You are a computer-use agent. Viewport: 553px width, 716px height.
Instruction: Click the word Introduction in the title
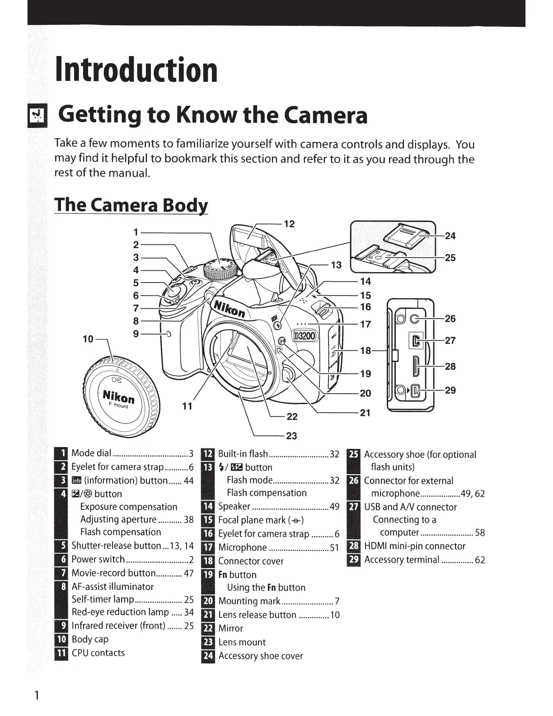point(136,70)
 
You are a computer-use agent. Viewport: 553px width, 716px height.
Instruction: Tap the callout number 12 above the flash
point(289,224)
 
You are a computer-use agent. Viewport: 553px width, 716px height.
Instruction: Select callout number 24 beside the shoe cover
point(450,236)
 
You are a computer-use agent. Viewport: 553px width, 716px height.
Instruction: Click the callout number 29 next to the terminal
point(450,390)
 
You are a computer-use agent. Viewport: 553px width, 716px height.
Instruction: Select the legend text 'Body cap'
point(90,639)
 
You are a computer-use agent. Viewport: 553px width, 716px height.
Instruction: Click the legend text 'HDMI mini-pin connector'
point(414,546)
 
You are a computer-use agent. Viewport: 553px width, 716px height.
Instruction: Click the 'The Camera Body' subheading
point(131,205)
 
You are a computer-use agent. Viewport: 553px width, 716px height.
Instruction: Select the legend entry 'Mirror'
point(230,628)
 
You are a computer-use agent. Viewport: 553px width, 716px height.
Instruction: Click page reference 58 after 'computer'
point(480,532)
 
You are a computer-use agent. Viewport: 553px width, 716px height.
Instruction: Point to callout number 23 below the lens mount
point(291,436)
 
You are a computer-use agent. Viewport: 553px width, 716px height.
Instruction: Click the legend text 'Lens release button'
point(257,615)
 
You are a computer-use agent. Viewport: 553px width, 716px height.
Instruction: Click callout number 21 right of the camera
point(365,412)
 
